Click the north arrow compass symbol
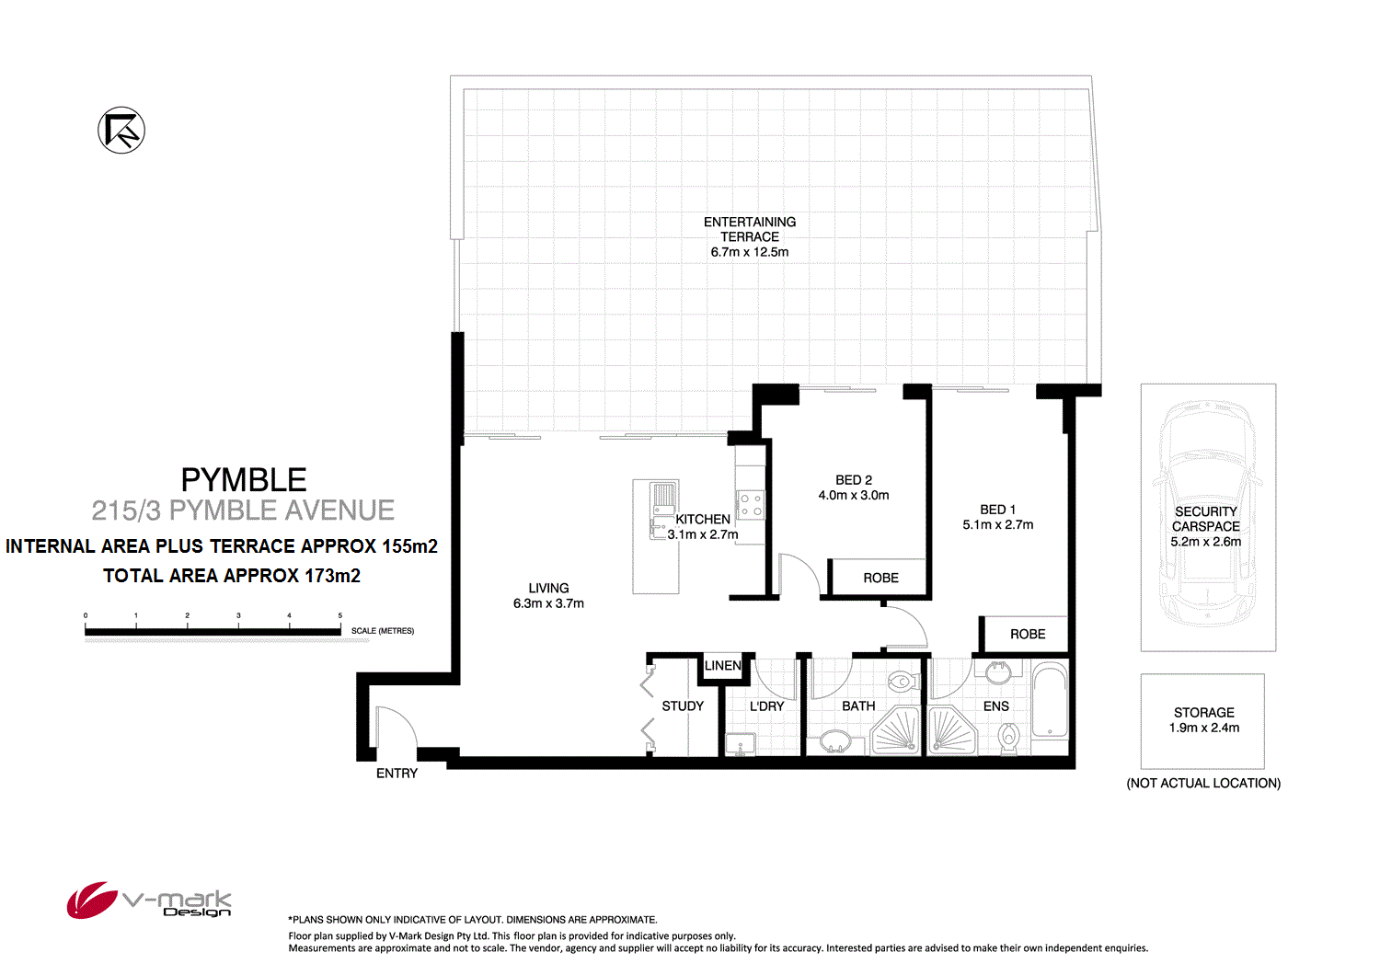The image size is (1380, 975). pyautogui.click(x=121, y=131)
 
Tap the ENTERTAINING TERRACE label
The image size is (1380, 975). pyautogui.click(x=750, y=229)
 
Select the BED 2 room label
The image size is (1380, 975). pyautogui.click(x=854, y=480)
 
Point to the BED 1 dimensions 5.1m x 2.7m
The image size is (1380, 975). pyautogui.click(x=998, y=525)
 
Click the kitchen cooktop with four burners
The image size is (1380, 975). pyautogui.click(x=751, y=504)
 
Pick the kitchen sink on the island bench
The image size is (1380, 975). pyautogui.click(x=663, y=498)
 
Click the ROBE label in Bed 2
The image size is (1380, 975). pyautogui.click(x=880, y=579)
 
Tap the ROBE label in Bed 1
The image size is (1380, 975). pyautogui.click(x=1028, y=635)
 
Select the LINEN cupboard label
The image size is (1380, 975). pyautogui.click(x=723, y=666)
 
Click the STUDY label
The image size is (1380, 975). pyautogui.click(x=683, y=706)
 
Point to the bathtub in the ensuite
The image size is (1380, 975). pyautogui.click(x=1050, y=701)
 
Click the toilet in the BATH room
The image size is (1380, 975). pyautogui.click(x=901, y=682)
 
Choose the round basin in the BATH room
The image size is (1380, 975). pyautogui.click(x=835, y=740)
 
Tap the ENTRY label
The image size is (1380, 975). pyautogui.click(x=397, y=774)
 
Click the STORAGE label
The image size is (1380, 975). pyautogui.click(x=1204, y=713)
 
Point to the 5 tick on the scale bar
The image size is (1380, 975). pyautogui.click(x=340, y=616)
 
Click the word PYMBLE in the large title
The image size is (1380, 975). pyautogui.click(x=244, y=480)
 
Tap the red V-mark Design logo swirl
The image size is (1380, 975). pyautogui.click(x=91, y=900)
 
